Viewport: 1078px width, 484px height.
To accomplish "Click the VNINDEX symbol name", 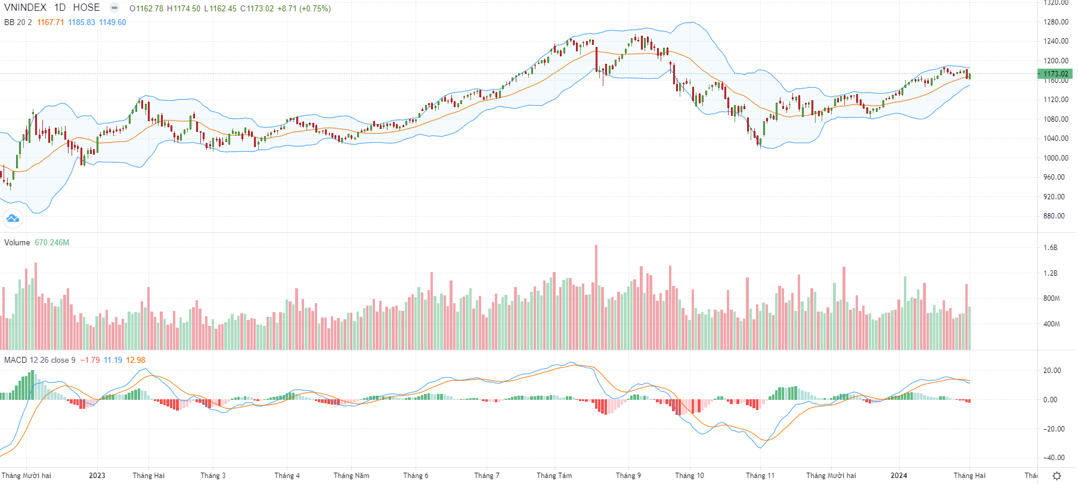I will tap(25, 8).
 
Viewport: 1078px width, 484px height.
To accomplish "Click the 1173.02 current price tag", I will tap(1055, 74).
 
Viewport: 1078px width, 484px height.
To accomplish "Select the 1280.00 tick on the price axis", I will tap(1055, 22).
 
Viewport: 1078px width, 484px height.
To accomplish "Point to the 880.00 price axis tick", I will tap(1054, 216).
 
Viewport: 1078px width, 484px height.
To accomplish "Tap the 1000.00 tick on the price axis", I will tap(1055, 158).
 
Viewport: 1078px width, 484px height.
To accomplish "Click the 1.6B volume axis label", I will tap(1051, 248).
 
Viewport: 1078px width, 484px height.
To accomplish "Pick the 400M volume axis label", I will tap(1052, 324).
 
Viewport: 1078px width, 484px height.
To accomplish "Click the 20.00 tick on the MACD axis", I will tap(1052, 371).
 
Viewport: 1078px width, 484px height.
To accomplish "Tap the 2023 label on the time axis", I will tap(97, 476).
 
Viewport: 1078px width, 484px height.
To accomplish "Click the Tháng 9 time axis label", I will tap(628, 476).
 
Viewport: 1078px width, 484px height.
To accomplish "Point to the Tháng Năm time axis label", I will tap(351, 476).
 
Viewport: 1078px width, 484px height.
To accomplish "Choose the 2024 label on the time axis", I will tap(899, 476).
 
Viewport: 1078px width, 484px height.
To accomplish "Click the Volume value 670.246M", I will tap(52, 243).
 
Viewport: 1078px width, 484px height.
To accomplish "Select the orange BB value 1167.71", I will tap(50, 23).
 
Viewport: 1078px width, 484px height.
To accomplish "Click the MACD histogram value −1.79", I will tap(90, 360).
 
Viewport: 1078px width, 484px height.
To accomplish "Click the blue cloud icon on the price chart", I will tap(13, 218).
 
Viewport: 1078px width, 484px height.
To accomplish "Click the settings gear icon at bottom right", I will tap(1057, 476).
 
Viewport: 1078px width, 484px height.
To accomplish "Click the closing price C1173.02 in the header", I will tap(257, 9).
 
